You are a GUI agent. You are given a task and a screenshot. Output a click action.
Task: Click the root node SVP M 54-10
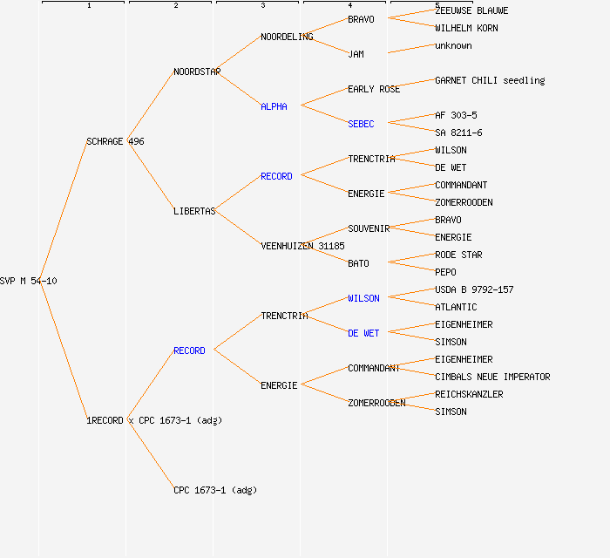coord(29,281)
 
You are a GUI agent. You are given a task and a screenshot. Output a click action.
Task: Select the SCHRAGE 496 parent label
coord(115,141)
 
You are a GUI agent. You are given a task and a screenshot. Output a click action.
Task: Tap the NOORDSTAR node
coord(197,71)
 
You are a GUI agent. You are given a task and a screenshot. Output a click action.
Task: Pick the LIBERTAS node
coord(194,211)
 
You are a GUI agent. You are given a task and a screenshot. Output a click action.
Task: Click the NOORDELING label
coord(287,37)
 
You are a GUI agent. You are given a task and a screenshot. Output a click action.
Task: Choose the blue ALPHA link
coord(274,106)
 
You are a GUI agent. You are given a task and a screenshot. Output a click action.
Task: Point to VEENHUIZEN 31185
coord(302,246)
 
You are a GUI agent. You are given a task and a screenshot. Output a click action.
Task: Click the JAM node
coord(356,54)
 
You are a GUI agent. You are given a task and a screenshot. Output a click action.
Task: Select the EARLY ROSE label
coord(374,89)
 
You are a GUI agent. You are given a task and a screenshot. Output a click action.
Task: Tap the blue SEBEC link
coord(361,124)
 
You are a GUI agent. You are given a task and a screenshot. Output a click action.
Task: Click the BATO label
coord(358,263)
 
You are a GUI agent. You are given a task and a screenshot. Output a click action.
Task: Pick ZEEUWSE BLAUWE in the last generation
coord(471,10)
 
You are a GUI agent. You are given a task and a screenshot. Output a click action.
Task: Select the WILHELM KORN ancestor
coord(466,28)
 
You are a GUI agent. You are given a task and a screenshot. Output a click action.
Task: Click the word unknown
coord(453,45)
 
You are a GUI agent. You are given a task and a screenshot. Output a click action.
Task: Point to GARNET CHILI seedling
coord(490,80)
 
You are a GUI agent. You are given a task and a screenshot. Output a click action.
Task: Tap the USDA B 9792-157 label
coord(474,289)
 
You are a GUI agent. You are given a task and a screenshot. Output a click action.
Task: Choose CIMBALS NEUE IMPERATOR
coord(492,377)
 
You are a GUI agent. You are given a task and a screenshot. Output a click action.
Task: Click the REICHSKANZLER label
coord(469,394)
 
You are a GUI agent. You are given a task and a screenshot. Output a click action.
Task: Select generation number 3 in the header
coord(262,6)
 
